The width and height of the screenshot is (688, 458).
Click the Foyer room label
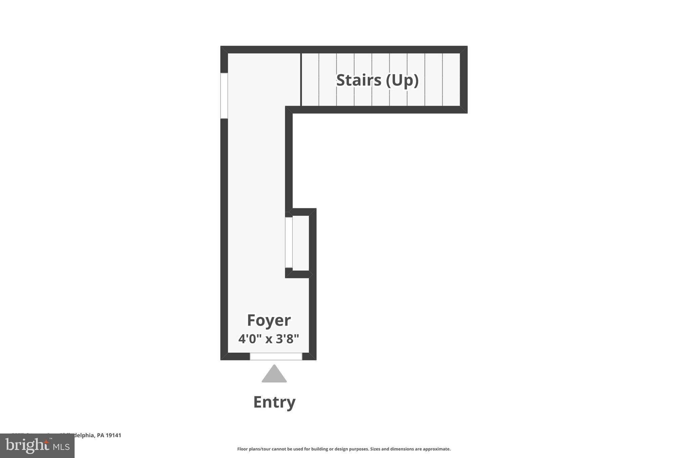[x=269, y=320]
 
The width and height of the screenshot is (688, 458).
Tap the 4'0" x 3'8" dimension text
[x=269, y=339]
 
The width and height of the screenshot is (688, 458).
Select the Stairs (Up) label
[x=377, y=80]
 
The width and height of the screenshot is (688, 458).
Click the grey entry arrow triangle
[x=274, y=374]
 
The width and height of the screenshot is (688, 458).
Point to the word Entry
[x=274, y=402]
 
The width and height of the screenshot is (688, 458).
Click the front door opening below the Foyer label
[x=276, y=356]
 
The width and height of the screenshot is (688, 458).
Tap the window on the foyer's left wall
[x=224, y=96]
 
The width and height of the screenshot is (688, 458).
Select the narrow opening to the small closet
[x=289, y=242]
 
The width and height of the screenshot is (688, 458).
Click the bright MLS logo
[x=37, y=446]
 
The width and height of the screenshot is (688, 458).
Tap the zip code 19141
[x=114, y=435]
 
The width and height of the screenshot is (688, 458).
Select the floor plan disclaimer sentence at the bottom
[x=344, y=449]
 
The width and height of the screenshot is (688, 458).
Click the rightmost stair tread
[x=451, y=80]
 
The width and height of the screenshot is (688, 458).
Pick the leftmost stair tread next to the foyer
[x=310, y=80]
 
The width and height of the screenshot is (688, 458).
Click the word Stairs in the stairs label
[x=359, y=80]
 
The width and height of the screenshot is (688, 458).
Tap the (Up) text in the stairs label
[x=402, y=80]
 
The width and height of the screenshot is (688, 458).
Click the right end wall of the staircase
[x=464, y=80]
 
